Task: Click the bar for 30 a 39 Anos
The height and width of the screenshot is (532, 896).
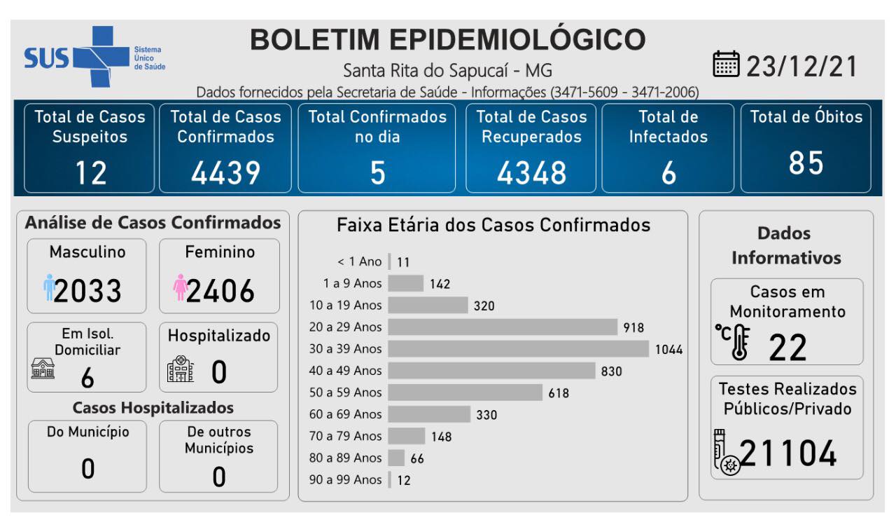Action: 518,349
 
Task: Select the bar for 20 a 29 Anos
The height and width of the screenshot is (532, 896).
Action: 503,327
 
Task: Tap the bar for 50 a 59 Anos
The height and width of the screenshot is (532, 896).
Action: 465,393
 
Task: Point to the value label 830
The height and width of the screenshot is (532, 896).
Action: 611,371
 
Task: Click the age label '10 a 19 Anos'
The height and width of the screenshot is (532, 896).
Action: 346,306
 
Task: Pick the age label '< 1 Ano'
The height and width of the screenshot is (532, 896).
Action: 360,262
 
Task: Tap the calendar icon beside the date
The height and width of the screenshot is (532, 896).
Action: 726,65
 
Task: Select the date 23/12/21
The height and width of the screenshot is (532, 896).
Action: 802,67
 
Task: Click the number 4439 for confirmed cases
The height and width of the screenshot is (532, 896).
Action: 225,172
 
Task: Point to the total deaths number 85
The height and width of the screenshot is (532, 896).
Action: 806,163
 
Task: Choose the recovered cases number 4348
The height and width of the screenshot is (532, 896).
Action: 531,172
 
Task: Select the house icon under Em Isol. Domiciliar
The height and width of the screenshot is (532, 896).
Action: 43,369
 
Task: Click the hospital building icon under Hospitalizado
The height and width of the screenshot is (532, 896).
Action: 180,368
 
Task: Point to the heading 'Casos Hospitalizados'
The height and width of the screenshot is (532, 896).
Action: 153,408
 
